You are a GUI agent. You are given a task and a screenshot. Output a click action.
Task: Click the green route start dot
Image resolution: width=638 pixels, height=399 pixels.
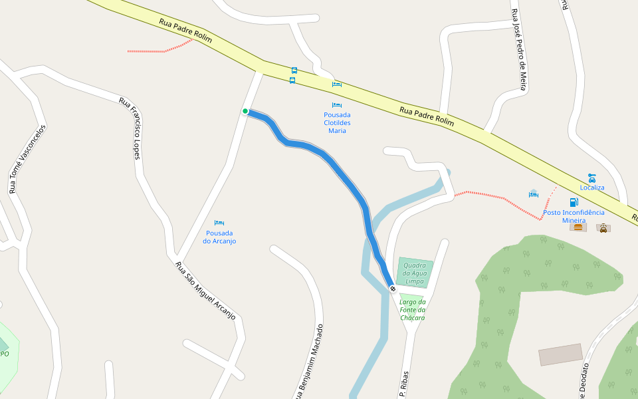point(245,111)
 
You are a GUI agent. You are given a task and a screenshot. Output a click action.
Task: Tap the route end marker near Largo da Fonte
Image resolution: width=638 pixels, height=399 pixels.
point(393,289)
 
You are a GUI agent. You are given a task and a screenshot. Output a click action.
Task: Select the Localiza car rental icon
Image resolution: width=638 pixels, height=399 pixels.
point(591,178)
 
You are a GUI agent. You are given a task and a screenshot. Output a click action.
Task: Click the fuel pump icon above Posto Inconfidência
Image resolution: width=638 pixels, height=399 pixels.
point(574,202)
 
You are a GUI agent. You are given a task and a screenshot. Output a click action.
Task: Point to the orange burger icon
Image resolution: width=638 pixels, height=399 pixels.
point(578,227)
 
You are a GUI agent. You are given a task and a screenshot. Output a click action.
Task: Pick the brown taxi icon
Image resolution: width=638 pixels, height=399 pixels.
point(603,228)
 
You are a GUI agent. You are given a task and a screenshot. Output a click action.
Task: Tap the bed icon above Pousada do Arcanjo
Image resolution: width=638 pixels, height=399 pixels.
point(219,223)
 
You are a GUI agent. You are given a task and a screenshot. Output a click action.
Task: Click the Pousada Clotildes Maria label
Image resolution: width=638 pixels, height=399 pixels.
point(337,122)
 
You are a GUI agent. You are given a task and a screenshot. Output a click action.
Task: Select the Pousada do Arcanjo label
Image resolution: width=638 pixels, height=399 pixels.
point(219,237)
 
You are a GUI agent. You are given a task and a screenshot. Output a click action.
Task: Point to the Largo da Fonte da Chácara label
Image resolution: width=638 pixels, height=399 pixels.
point(412,309)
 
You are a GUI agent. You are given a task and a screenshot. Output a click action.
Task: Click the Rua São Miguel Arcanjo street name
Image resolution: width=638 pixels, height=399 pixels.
point(205,291)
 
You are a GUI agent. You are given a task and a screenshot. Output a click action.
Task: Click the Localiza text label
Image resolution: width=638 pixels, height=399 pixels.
point(592,188)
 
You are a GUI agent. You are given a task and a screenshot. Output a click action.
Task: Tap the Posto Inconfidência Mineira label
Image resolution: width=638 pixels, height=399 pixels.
point(574,216)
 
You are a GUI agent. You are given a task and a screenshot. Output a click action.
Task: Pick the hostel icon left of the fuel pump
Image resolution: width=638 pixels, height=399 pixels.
point(533,194)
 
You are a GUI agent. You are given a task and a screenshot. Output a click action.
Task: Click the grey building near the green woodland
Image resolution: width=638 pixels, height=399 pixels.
point(560,354)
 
